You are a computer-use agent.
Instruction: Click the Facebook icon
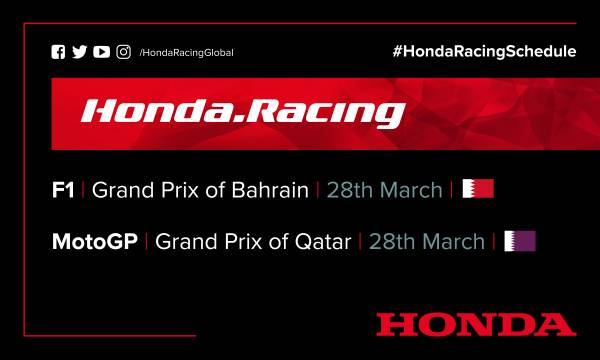pos(58,52)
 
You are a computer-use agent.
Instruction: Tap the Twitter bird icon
pos(80,52)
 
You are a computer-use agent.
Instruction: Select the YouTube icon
pos(101,52)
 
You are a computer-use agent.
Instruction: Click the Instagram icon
pos(123,52)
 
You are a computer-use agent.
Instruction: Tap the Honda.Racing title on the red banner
pos(242,110)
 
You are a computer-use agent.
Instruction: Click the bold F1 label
pos(64,190)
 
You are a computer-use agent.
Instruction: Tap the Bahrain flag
pos(478,189)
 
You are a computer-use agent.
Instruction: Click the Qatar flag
pos(520,241)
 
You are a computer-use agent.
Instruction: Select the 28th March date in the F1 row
pos(386,190)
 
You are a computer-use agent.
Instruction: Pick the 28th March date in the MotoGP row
pos(427,241)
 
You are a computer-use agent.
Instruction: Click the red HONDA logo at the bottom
pos(476,323)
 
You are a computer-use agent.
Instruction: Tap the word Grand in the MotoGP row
pos(183,241)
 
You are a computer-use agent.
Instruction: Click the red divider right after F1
pos(84,190)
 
